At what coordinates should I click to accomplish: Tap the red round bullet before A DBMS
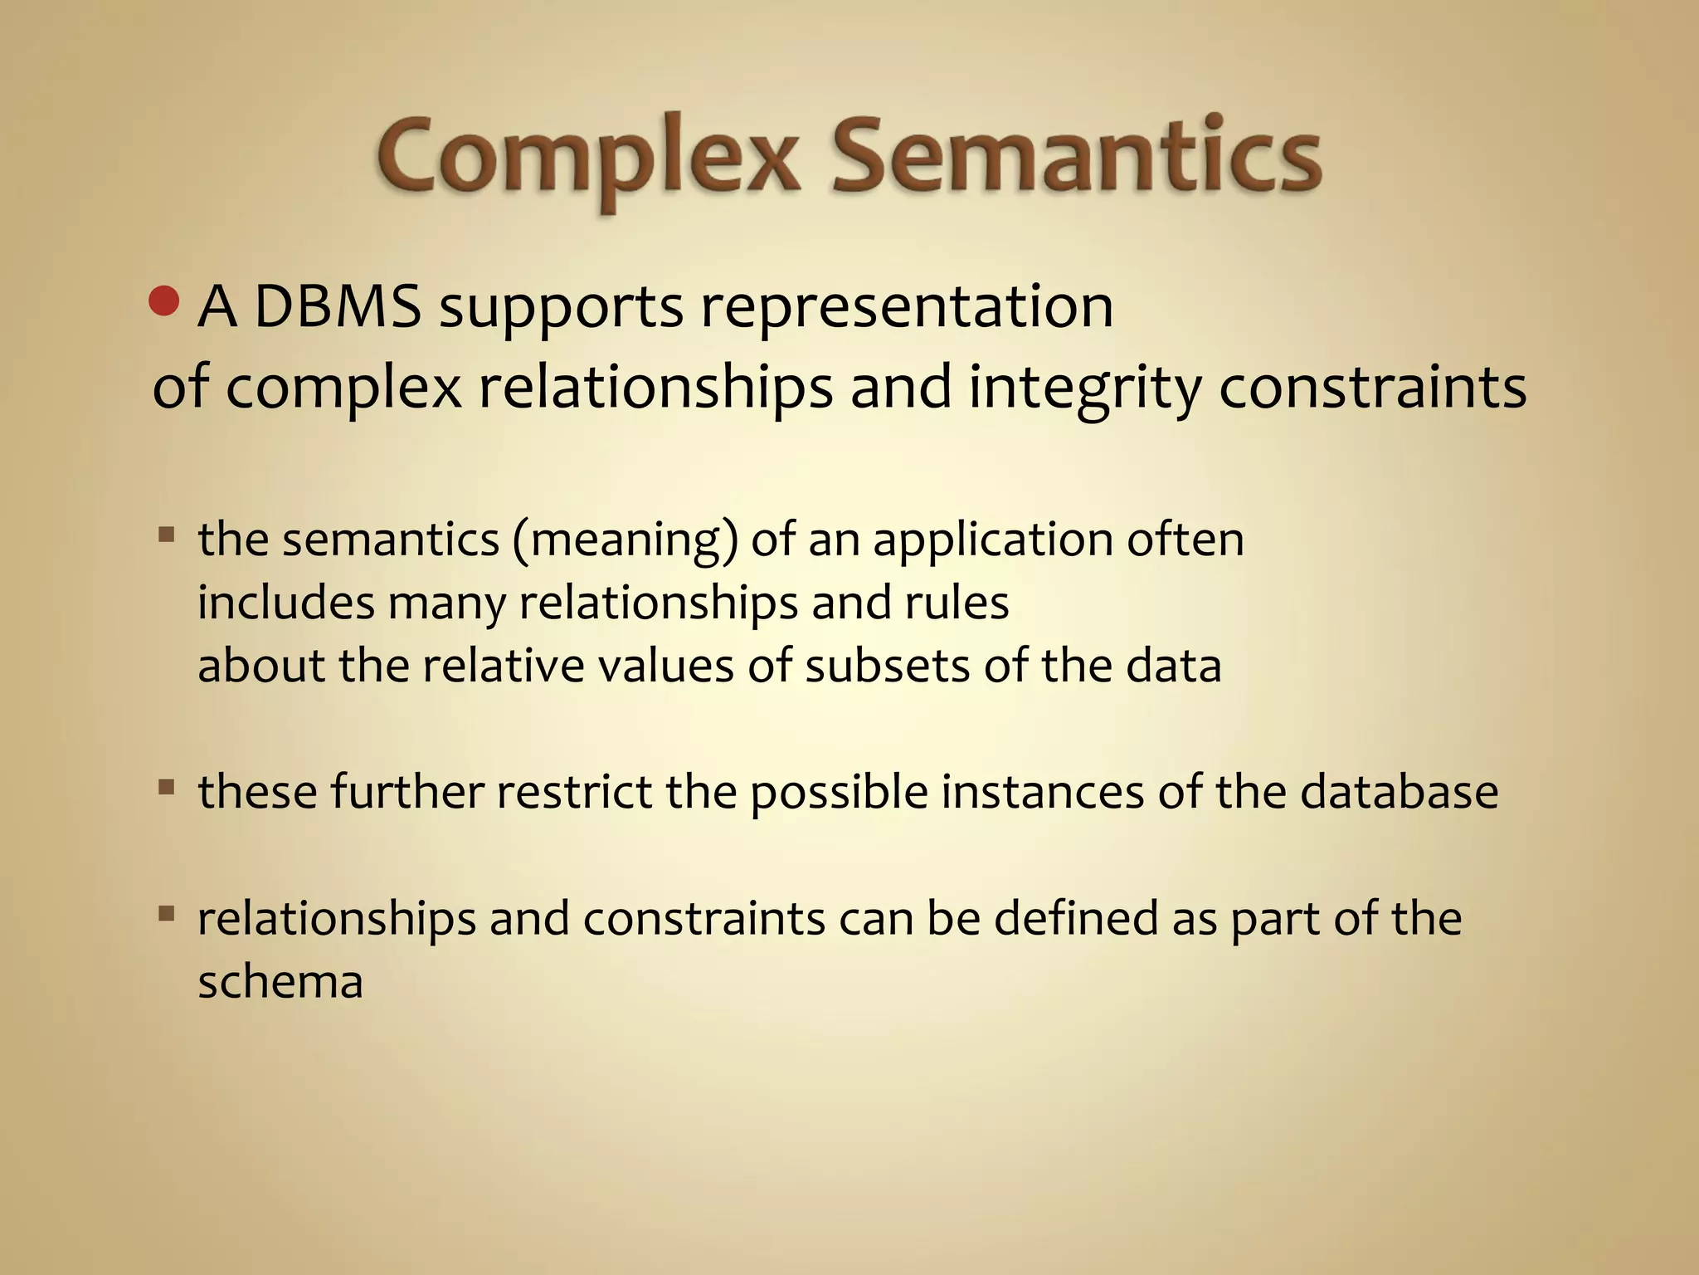click(x=164, y=302)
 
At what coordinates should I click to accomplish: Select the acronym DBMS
click(x=337, y=307)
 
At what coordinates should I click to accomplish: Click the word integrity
click(x=1085, y=388)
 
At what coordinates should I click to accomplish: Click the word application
click(x=993, y=541)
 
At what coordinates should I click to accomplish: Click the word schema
click(x=280, y=983)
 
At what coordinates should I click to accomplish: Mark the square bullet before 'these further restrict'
click(x=166, y=786)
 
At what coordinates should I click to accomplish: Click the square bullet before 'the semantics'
click(x=166, y=534)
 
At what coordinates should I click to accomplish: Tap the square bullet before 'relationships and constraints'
click(x=166, y=914)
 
